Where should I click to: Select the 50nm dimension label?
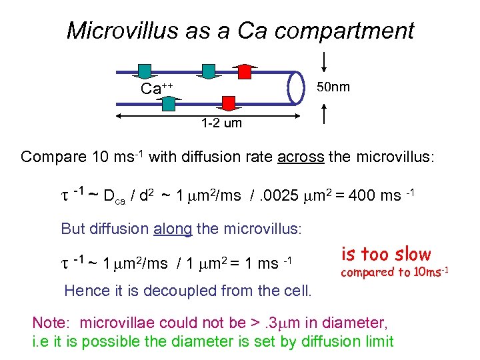pos(333,87)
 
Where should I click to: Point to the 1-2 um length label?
pos(222,123)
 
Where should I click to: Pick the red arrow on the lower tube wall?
pos(229,103)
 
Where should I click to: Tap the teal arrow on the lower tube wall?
pos(168,103)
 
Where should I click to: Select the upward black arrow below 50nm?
pos(324,114)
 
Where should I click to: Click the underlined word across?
pos(299,157)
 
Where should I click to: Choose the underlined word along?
pos(172,229)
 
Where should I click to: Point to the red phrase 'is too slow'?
pos(386,254)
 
